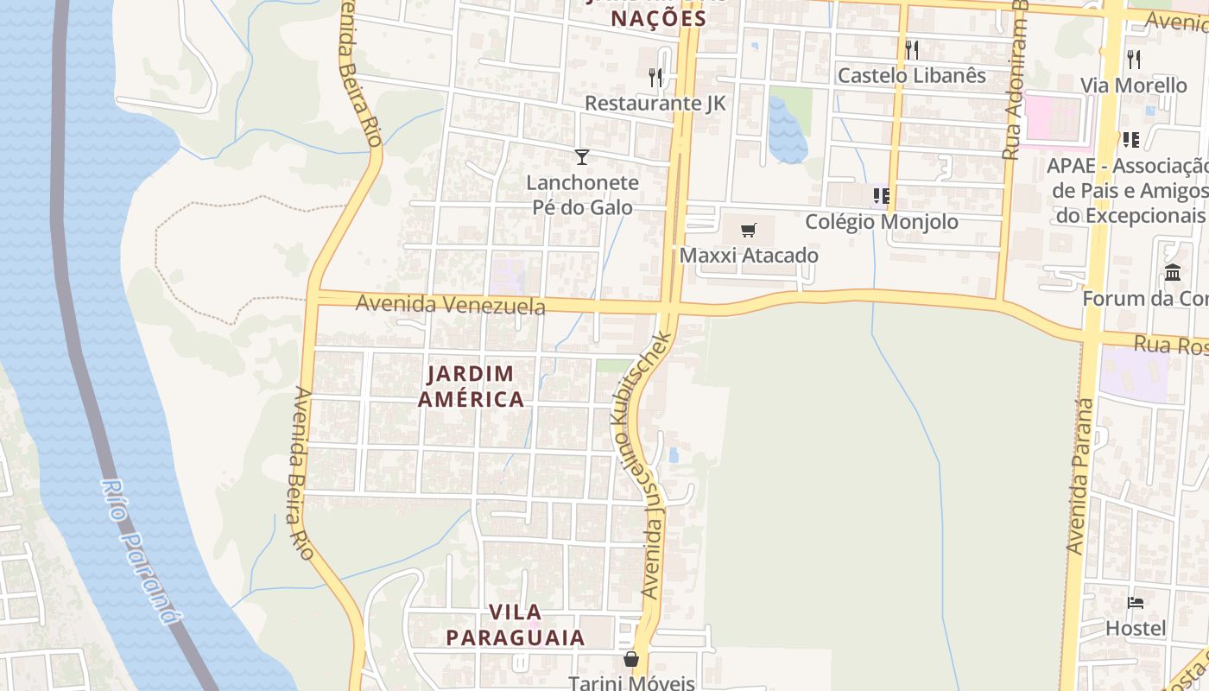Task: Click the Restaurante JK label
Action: pos(655,104)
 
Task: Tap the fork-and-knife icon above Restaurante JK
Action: pos(655,78)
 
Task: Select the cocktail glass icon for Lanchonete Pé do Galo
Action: pos(582,156)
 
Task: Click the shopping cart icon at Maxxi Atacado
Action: pos(749,230)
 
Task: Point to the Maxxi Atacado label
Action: pos(749,256)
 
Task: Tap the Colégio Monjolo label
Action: pos(882,222)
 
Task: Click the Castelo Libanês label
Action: pos(912,76)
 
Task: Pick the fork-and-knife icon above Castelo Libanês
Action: pos(912,49)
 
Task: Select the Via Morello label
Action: pos(1134,86)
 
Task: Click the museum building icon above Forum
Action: pos(1173,273)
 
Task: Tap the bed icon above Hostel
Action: pos(1136,602)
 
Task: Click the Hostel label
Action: pos(1136,628)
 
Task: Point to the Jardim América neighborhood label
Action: pos(471,386)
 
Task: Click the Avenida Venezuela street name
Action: pos(450,305)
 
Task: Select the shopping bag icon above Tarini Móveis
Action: pos(631,659)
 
